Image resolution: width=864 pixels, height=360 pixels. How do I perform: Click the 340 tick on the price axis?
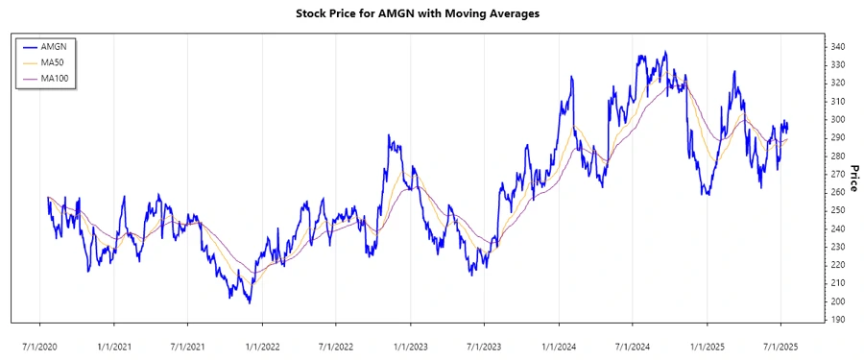(838, 47)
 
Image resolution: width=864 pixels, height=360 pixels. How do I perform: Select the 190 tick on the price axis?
(838, 320)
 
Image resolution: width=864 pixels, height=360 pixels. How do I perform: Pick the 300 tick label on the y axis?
(838, 120)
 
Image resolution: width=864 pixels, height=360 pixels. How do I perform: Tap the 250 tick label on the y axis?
(838, 210)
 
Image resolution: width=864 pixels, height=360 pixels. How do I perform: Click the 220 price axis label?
(838, 265)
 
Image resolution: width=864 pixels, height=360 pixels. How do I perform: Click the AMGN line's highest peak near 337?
(665, 53)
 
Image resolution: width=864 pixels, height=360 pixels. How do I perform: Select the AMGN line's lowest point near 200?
(250, 302)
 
